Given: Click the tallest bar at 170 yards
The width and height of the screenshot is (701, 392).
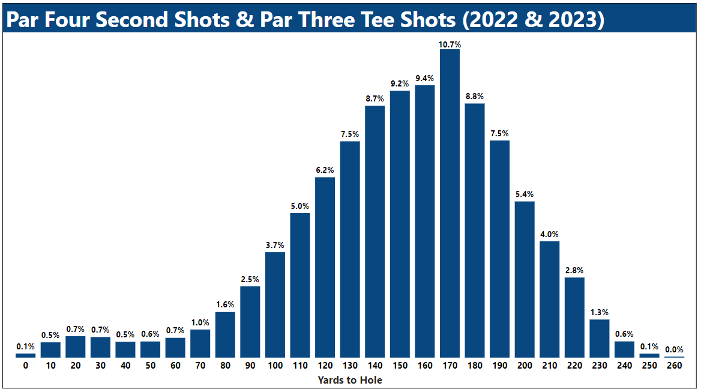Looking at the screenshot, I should (450, 204).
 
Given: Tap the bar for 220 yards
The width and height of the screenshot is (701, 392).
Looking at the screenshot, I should (574, 318).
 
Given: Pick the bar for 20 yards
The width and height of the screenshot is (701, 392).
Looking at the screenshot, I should (76, 347).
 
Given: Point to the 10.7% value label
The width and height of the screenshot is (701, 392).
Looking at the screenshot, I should (450, 44).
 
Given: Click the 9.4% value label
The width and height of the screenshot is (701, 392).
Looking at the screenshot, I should (424, 78).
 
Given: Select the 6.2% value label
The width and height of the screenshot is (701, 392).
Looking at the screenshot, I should (325, 170).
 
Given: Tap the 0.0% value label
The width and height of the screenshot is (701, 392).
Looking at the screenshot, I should (674, 349).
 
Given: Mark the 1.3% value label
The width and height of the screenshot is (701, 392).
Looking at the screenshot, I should (599, 312).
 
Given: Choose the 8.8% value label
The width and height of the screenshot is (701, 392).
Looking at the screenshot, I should (474, 96).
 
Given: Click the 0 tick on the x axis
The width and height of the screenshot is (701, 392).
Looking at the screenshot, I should (26, 366).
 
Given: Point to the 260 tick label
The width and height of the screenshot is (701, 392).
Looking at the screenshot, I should (674, 366).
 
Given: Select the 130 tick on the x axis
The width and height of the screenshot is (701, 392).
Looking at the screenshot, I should (350, 366).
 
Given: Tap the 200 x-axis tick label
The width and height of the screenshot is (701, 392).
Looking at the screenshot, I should (525, 366).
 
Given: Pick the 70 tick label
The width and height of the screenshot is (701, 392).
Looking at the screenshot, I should (200, 366).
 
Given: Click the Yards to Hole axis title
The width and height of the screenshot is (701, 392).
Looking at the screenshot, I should (350, 380).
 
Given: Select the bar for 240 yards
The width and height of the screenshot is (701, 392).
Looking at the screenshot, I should (624, 349).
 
